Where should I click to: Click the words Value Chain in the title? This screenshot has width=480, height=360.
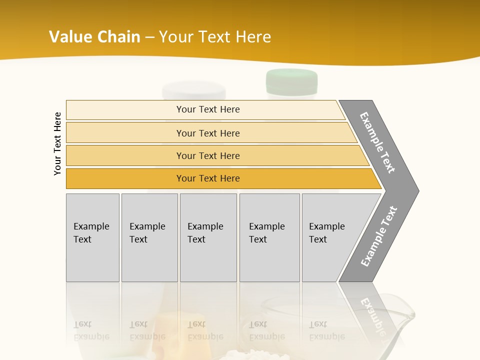click(x=94, y=37)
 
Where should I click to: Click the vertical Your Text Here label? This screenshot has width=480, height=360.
click(x=57, y=143)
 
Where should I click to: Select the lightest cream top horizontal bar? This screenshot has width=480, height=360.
click(x=205, y=110)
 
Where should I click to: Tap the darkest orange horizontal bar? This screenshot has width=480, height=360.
click(x=220, y=178)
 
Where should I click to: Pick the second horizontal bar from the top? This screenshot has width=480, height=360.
click(x=210, y=133)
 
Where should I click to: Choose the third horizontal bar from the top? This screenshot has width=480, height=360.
click(x=215, y=155)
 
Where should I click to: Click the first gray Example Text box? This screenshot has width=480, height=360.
click(x=92, y=237)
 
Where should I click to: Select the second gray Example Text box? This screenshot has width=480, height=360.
click(x=149, y=237)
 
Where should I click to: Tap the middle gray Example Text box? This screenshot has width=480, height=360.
click(x=208, y=237)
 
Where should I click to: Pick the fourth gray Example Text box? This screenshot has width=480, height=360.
click(x=269, y=237)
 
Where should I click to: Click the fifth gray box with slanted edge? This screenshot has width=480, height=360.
click(x=330, y=237)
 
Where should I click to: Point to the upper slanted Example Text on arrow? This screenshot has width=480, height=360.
click(x=377, y=142)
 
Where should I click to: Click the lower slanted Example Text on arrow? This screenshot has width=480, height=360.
click(x=379, y=236)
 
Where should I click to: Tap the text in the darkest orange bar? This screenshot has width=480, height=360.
click(x=208, y=178)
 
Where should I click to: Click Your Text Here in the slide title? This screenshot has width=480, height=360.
click(x=215, y=37)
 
